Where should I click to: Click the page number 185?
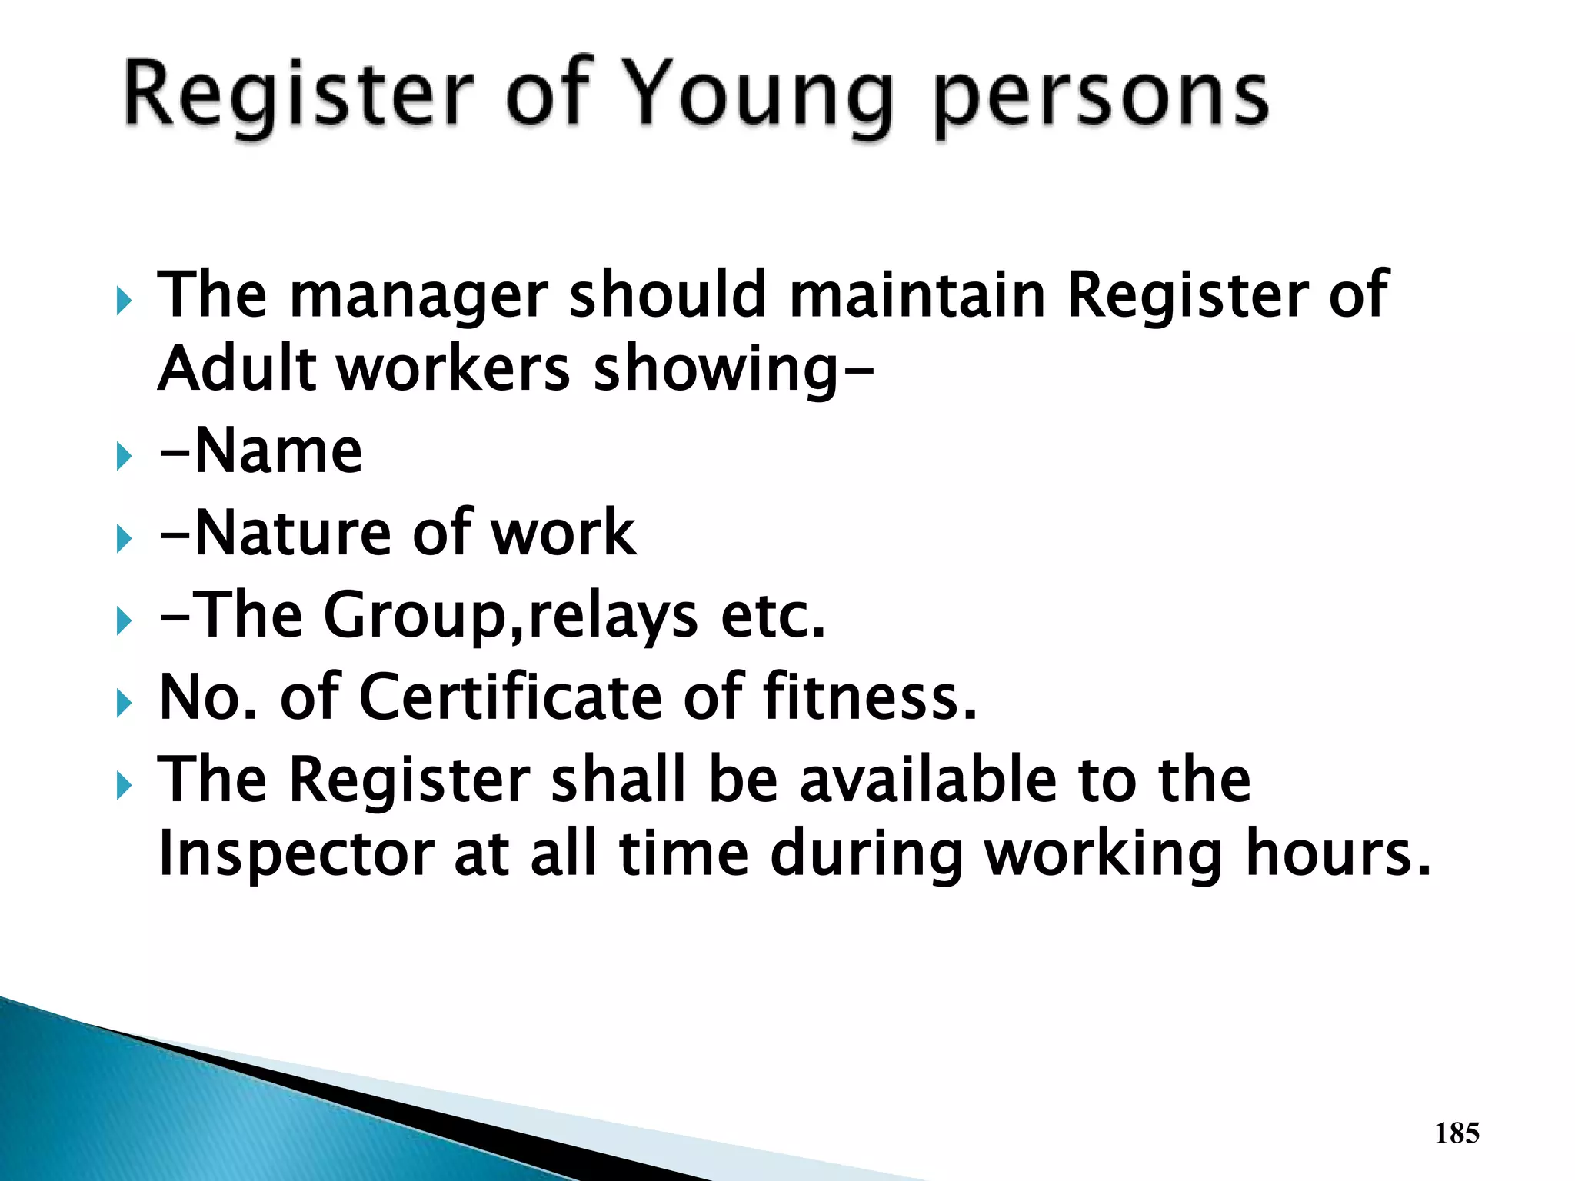click(x=1457, y=1133)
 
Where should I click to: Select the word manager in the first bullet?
click(x=418, y=296)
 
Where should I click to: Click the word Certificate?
click(x=510, y=697)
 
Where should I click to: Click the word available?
click(x=927, y=780)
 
